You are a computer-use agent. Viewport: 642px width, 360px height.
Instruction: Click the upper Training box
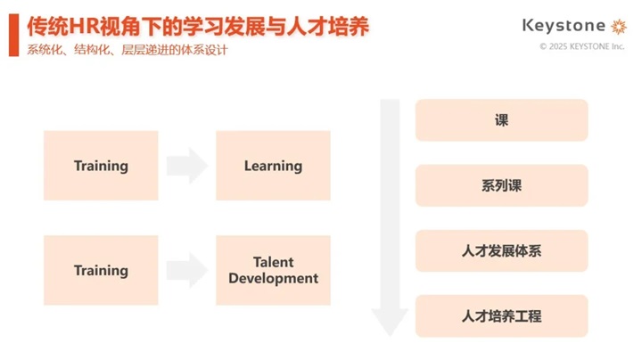click(x=101, y=166)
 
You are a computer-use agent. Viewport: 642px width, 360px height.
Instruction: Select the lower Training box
click(x=101, y=270)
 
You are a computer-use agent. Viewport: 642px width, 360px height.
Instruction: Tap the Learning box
click(x=273, y=166)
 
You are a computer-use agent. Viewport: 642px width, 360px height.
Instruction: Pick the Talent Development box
click(x=273, y=270)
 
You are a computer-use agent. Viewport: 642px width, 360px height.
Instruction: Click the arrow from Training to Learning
click(x=187, y=166)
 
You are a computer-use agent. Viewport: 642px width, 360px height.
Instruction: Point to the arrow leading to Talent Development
click(x=187, y=270)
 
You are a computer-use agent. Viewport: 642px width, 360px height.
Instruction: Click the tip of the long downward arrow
click(x=390, y=336)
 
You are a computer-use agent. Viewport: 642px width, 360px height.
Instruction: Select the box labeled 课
click(x=501, y=120)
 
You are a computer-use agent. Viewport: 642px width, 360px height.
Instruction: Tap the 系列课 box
click(x=501, y=185)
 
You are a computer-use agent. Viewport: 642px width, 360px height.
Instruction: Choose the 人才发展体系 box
click(x=501, y=250)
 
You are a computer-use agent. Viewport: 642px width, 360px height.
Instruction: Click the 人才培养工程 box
click(x=501, y=315)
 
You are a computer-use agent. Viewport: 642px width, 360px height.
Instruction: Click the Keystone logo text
click(x=564, y=26)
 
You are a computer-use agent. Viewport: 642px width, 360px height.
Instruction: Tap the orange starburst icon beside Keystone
click(x=619, y=26)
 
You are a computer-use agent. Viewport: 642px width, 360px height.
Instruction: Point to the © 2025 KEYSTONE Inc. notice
click(x=581, y=46)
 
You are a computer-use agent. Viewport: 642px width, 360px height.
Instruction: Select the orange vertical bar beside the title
click(x=14, y=35)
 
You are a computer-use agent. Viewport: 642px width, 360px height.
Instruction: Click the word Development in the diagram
click(x=273, y=279)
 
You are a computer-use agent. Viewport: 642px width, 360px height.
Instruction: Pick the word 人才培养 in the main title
click(x=328, y=27)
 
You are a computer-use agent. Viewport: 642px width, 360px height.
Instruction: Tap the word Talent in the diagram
click(x=273, y=262)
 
